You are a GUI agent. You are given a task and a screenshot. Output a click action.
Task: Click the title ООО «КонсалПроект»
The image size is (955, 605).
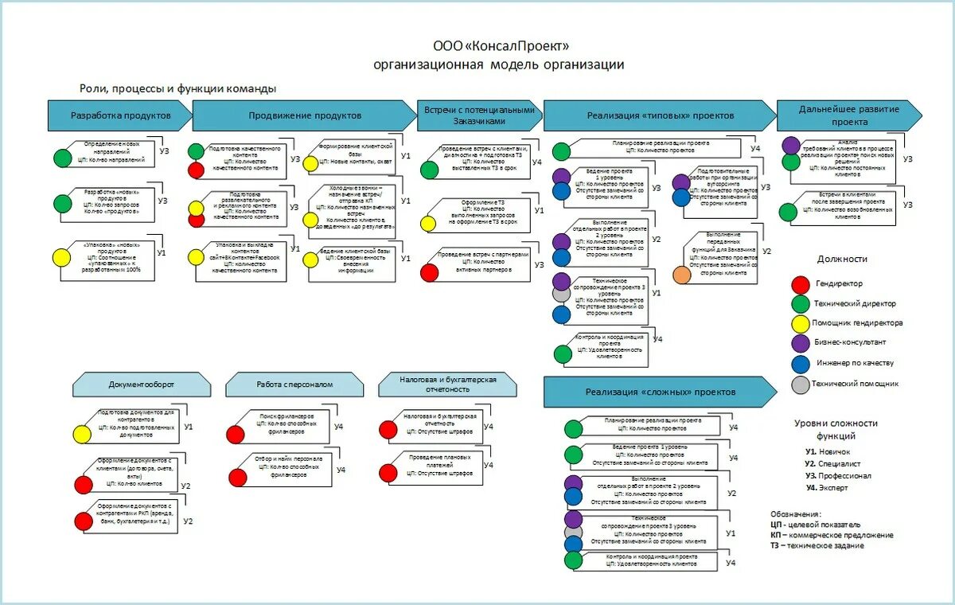501,46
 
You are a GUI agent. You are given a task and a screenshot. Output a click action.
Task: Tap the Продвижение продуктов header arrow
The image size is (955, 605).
304,115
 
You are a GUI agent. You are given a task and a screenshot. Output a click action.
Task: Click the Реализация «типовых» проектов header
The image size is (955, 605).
661,115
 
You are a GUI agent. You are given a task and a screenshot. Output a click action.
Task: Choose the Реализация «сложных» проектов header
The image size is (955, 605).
661,392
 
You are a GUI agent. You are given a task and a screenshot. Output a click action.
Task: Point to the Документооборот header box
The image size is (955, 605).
142,385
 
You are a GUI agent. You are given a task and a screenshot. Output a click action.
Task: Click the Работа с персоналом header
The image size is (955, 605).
294,385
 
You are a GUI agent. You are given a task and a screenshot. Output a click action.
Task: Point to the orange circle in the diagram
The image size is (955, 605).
682,275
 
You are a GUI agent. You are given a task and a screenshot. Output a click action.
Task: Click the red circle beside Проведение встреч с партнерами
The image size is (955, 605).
429,272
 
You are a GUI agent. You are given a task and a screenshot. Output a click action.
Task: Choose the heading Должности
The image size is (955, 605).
842,259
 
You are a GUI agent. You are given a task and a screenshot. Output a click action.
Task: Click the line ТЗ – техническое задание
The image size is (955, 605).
817,545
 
